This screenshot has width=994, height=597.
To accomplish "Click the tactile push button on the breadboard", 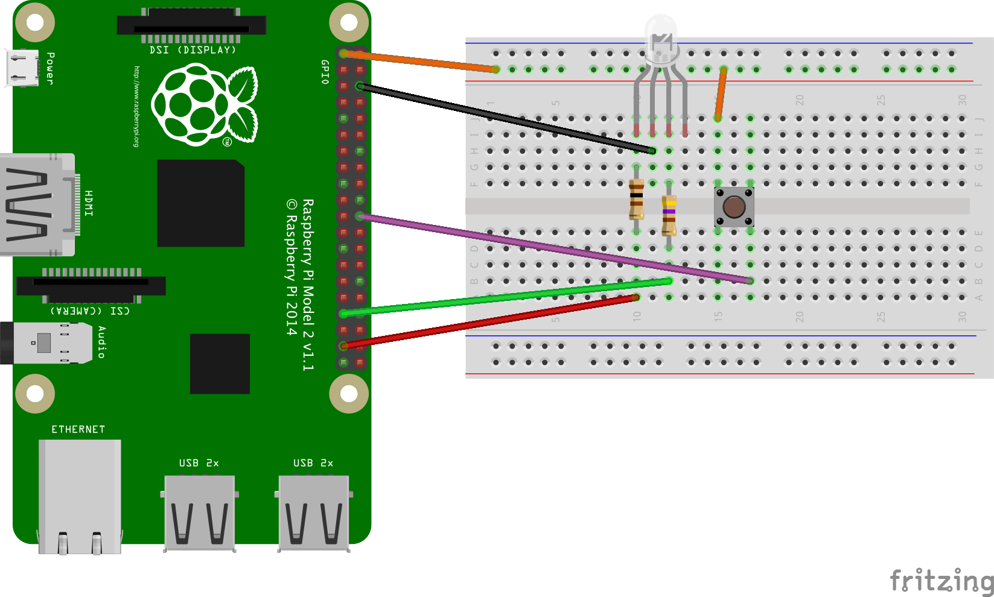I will point(734,207).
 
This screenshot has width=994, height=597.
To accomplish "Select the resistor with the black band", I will point(636,200).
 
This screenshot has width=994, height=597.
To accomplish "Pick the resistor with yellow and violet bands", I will point(669,215).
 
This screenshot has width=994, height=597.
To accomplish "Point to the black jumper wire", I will point(507,118).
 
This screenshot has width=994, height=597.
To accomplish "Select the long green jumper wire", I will point(507,297).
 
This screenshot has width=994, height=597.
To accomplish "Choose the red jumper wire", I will point(489,321).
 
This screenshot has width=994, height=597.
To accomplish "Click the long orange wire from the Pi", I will point(419,62).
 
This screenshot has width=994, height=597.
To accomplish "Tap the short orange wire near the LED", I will point(721,93).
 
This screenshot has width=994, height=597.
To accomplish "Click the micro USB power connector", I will point(23,68).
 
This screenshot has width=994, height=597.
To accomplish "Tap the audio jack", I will point(45,343).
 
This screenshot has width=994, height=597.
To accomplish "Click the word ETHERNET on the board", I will point(78,429).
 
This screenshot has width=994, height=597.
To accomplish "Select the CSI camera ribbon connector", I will point(91,285).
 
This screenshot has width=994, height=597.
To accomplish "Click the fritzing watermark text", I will point(941,581).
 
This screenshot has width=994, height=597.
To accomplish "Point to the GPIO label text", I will point(325,72).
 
